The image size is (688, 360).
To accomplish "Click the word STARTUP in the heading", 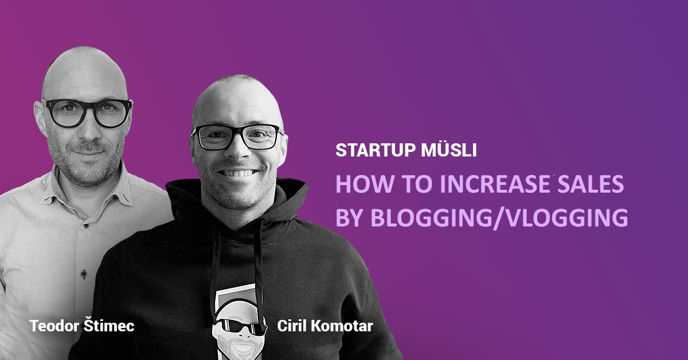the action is [376, 151].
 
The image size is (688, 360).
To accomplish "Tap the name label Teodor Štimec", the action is [82, 326].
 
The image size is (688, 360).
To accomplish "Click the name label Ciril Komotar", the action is [325, 326].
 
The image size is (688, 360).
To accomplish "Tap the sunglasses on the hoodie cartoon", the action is [240, 326].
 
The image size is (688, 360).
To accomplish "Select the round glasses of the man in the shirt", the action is [88, 112].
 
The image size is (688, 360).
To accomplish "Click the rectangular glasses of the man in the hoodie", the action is [236, 137].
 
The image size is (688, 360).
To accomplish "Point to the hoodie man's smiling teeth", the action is [239, 174].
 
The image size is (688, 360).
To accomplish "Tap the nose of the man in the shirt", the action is [89, 130].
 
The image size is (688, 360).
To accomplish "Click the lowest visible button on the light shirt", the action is [84, 273].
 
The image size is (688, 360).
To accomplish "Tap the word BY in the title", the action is [350, 217].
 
